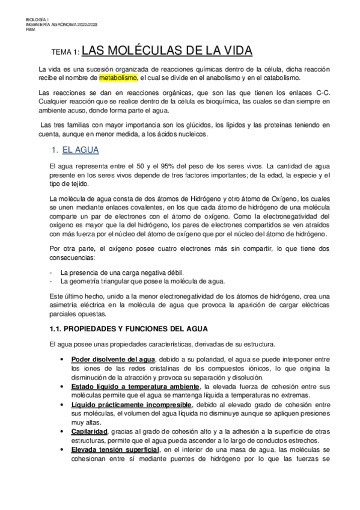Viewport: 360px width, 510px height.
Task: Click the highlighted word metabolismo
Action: coord(118,78)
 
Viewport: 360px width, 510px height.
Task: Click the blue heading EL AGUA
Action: coord(81,150)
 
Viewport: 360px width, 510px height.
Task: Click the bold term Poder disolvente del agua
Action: coord(113,359)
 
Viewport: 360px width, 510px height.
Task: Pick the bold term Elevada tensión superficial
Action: coord(115,450)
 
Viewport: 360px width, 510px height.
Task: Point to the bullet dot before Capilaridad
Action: coord(63,432)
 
